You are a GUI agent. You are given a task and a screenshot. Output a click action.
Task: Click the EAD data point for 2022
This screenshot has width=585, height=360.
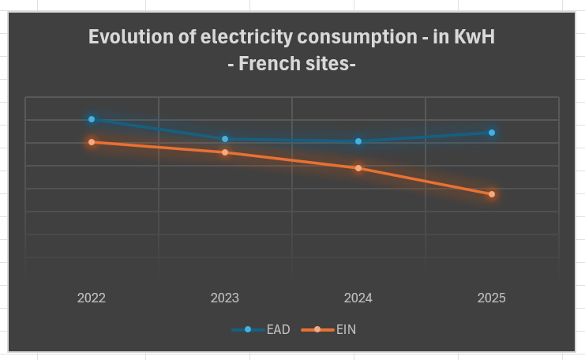(x=92, y=119)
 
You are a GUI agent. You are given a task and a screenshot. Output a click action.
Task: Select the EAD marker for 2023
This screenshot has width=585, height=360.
(x=225, y=139)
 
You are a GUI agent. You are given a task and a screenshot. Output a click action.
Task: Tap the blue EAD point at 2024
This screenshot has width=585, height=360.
(x=358, y=141)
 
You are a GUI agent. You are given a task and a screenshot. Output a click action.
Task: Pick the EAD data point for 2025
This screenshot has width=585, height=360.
(x=492, y=133)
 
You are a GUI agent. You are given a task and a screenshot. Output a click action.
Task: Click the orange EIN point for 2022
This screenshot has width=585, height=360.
(x=92, y=142)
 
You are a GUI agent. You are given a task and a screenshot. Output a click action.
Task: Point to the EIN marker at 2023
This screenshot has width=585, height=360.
(x=225, y=152)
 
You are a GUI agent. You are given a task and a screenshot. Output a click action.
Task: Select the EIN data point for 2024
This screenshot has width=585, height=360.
(x=358, y=168)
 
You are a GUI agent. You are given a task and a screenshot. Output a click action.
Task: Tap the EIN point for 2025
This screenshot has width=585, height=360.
(x=492, y=194)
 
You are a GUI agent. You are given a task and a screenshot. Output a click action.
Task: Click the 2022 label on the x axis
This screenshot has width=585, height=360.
(x=92, y=298)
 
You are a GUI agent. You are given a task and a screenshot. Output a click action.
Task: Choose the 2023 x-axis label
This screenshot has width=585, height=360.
(x=225, y=298)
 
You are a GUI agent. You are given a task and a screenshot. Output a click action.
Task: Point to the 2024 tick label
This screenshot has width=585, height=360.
(x=358, y=298)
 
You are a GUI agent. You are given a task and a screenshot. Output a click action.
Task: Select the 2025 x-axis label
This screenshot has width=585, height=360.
(x=492, y=298)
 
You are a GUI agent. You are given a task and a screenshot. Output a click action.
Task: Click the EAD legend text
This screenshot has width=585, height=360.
(x=278, y=329)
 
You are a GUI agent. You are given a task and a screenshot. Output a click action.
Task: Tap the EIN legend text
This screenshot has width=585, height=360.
(x=346, y=329)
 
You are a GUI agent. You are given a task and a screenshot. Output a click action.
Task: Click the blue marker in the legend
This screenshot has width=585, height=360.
(x=248, y=329)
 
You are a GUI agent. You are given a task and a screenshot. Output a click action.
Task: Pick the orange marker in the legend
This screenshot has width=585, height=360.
(x=317, y=329)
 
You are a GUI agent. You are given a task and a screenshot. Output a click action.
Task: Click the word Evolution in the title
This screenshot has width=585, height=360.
(x=126, y=37)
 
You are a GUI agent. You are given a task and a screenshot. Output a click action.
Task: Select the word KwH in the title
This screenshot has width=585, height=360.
(x=474, y=37)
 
